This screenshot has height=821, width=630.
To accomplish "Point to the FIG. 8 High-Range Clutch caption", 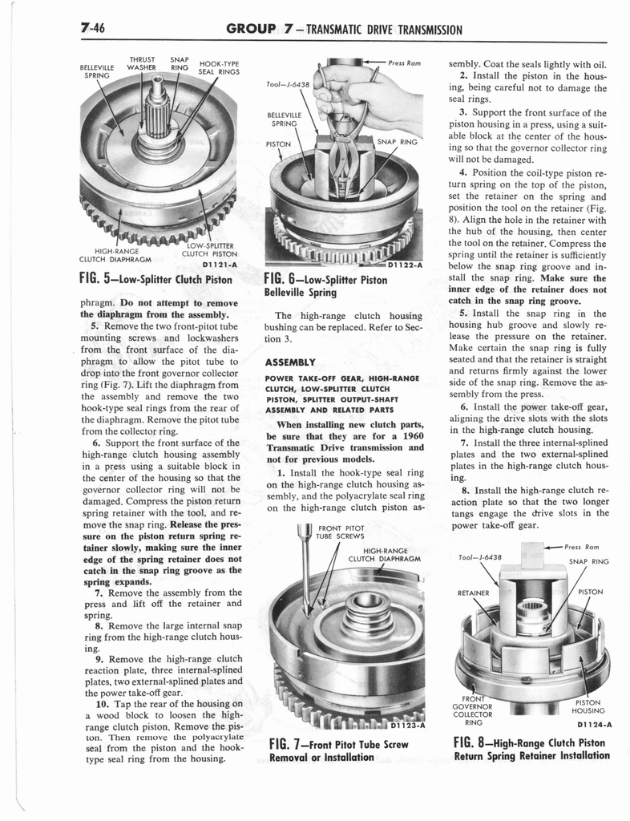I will [x=531, y=749].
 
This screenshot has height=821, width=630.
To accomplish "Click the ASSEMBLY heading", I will [x=292, y=362].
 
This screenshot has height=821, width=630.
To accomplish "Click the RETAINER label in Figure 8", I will [x=472, y=593].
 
